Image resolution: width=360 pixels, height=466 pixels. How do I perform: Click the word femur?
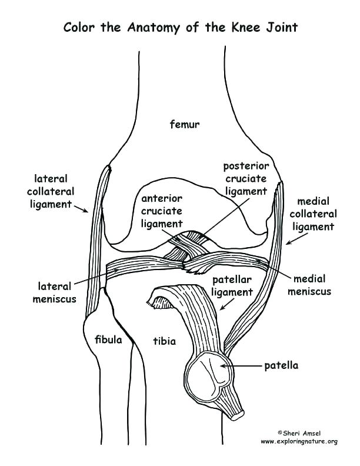(185, 124)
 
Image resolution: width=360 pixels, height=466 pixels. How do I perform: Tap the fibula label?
(108, 340)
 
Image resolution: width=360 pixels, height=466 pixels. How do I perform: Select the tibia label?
(164, 341)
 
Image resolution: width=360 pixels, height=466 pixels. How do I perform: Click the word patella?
(281, 365)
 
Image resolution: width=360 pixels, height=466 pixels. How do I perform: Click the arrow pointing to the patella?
(241, 365)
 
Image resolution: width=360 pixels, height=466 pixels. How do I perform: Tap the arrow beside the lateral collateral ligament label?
(81, 207)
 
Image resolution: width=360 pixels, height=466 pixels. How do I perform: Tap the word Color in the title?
(81, 27)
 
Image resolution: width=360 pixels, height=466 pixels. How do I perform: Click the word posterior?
(246, 167)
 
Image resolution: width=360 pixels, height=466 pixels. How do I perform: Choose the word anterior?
(161, 198)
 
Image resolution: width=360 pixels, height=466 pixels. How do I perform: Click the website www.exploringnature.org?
(298, 441)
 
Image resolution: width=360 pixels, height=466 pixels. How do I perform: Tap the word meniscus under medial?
(312, 291)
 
